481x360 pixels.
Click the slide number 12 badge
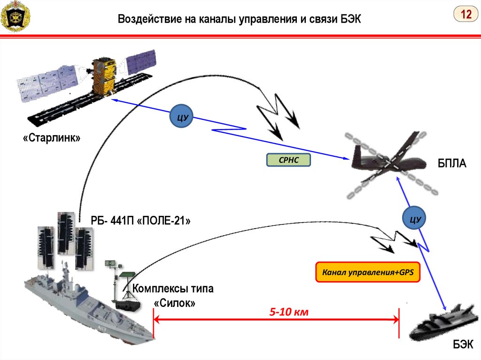point(465,15)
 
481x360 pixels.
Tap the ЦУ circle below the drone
point(414,219)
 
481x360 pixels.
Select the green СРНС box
point(288,161)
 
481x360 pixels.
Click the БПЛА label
point(452,164)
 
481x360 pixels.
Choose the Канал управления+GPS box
point(367,272)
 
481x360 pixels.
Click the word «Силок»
point(175,303)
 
